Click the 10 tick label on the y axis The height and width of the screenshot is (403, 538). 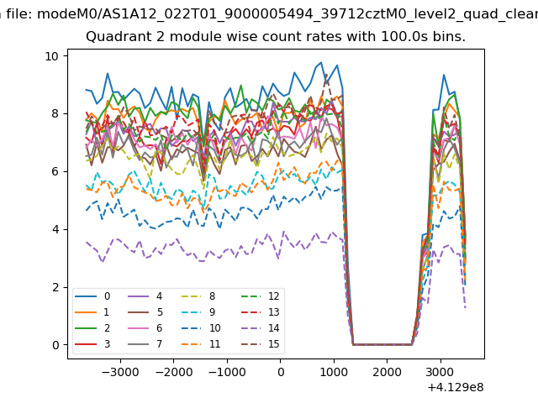click(x=51, y=56)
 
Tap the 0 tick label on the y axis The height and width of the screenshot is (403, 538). click(x=55, y=345)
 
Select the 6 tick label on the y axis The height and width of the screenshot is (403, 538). click(x=55, y=171)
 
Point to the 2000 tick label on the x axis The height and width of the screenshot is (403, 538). click(x=387, y=372)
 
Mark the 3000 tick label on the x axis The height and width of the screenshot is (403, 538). click(x=440, y=372)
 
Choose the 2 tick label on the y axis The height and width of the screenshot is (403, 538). click(x=55, y=287)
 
